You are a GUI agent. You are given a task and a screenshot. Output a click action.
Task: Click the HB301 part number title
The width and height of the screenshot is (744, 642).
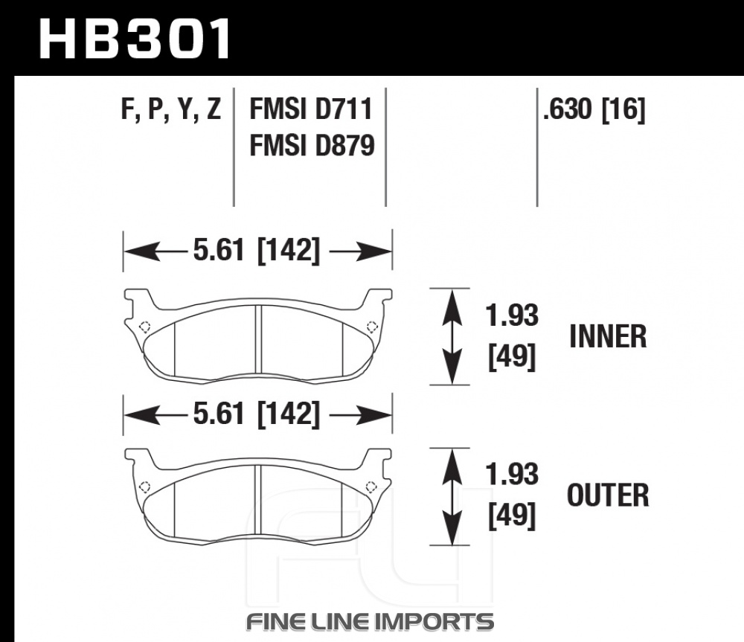[x=135, y=39]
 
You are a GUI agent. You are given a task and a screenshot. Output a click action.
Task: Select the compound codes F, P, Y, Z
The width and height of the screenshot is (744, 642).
[x=171, y=109]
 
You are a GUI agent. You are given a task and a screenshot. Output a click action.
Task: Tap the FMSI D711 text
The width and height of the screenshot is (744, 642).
[x=311, y=109]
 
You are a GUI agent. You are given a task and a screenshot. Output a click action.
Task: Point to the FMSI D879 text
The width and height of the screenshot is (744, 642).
[x=312, y=145]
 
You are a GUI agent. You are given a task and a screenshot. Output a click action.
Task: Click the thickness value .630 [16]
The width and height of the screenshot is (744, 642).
[x=594, y=110]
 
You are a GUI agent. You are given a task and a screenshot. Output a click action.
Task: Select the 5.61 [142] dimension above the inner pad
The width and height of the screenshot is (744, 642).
[x=257, y=250]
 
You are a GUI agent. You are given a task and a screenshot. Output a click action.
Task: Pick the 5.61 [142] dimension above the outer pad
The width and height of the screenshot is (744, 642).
[x=257, y=414]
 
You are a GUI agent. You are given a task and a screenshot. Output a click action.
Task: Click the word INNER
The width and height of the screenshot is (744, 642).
[x=608, y=336]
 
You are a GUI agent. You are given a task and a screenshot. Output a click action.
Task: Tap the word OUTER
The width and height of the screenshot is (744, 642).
[x=608, y=495]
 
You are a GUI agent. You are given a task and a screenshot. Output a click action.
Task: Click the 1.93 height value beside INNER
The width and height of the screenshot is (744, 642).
[x=512, y=315]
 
